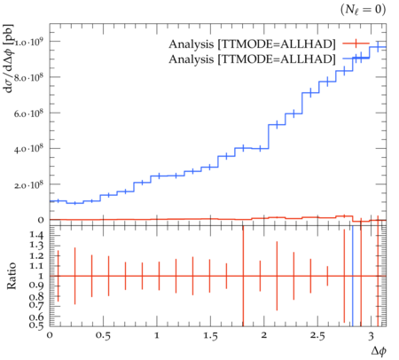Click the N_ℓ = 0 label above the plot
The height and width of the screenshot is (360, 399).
pyautogui.click(x=363, y=10)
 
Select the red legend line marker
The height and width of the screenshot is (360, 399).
pyautogui.click(x=356, y=43)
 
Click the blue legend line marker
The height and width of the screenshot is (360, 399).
pyautogui.click(x=356, y=59)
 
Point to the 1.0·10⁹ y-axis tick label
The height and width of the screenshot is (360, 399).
pyautogui.click(x=29, y=42)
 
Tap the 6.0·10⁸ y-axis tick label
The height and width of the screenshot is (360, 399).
pyautogui.click(x=29, y=113)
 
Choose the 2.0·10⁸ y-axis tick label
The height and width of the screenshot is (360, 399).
pyautogui.click(x=29, y=184)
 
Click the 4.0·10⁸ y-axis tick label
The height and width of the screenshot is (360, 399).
pyautogui.click(x=29, y=149)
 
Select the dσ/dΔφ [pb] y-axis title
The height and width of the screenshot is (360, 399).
pyautogui.click(x=9, y=59)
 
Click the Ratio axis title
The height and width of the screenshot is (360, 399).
pyautogui.click(x=12, y=276)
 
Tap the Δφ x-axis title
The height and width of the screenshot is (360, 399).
pyautogui.click(x=379, y=351)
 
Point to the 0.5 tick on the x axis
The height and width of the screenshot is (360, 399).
pyautogui.click(x=103, y=336)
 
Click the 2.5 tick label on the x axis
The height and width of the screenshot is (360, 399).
pyautogui.click(x=317, y=336)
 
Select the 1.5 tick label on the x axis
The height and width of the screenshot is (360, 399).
pyautogui.click(x=210, y=336)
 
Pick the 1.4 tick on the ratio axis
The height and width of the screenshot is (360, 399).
pyautogui.click(x=36, y=235)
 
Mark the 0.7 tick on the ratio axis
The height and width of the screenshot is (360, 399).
pyautogui.click(x=36, y=304)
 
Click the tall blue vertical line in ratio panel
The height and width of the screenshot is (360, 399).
pyautogui.click(x=353, y=276)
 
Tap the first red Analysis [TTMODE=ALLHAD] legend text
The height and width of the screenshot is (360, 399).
pyautogui.click(x=252, y=44)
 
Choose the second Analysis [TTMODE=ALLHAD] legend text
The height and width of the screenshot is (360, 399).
pyautogui.click(x=252, y=59)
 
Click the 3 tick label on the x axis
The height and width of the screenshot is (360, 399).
pyautogui.click(x=371, y=336)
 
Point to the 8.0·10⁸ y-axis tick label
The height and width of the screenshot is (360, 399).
pyautogui.click(x=29, y=77)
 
